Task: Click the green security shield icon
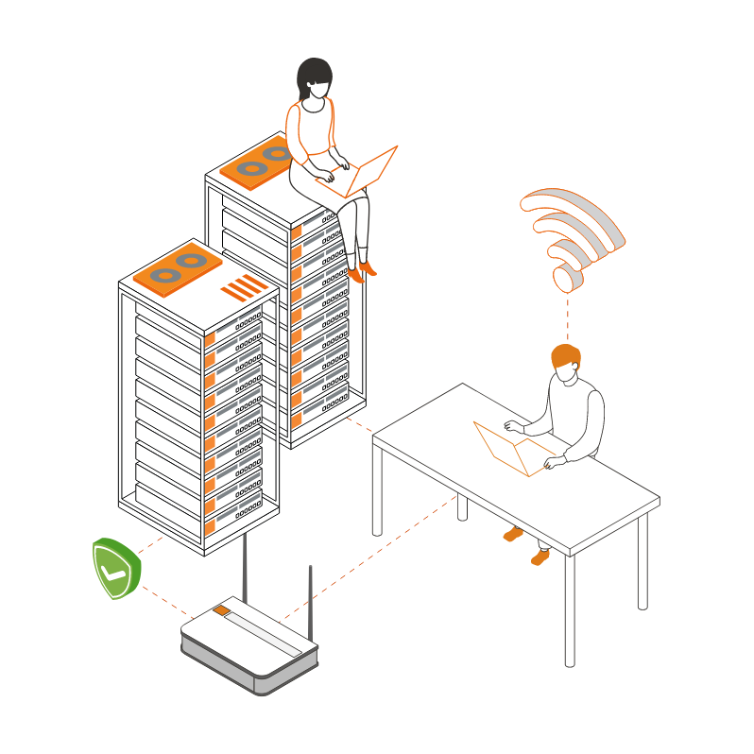pos(116,568)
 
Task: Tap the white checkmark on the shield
pos(114,571)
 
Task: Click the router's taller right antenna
pos(309,600)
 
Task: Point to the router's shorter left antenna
pos(245,567)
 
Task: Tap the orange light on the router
pos(221,610)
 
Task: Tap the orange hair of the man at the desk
pos(566,356)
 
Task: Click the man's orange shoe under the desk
pos(540,557)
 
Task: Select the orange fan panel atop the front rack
pos(178,267)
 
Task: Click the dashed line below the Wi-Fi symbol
pos(568,317)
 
